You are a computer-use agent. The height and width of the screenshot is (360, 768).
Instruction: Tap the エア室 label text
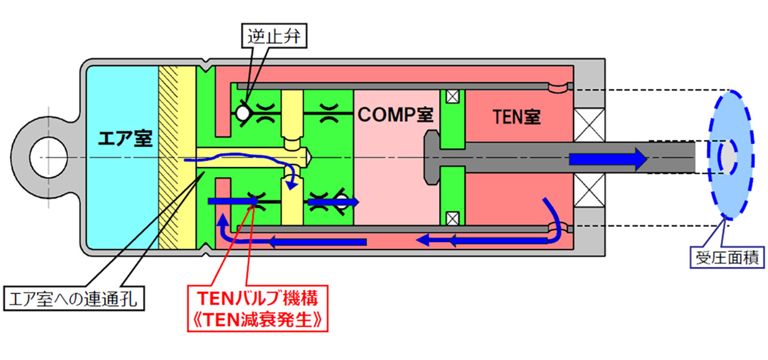pos(121,140)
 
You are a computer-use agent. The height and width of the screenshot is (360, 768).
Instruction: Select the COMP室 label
pos(395,115)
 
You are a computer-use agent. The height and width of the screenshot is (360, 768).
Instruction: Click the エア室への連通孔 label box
pos(74,298)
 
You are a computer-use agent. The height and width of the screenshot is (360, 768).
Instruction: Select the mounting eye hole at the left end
pos(41,157)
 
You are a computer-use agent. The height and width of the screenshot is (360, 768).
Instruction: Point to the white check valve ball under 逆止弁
pos(242,112)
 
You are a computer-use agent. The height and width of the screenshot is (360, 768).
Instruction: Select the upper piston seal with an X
pos(451,96)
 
